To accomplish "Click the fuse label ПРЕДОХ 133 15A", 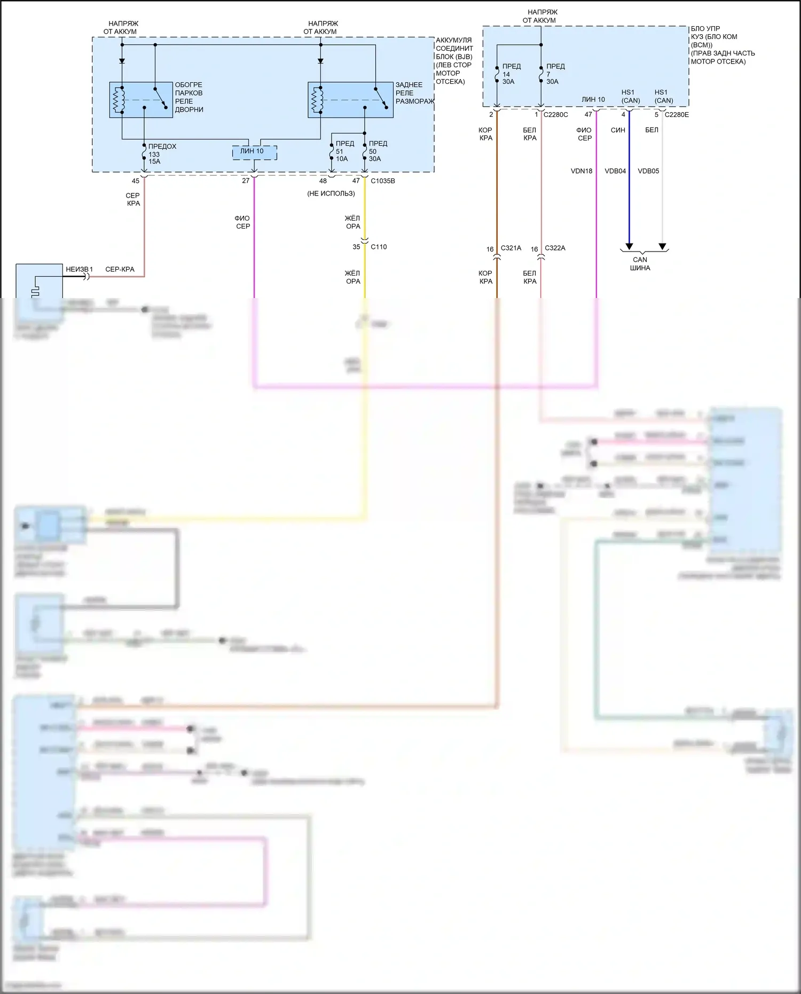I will pyautogui.click(x=162, y=154).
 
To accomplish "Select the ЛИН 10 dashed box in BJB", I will pyautogui.click(x=254, y=152).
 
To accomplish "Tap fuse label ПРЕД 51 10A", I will pyautogui.click(x=344, y=151).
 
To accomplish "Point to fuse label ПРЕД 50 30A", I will pyautogui.click(x=378, y=151).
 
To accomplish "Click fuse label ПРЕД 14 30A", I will pyautogui.click(x=511, y=74).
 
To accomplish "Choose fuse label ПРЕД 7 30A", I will pyautogui.click(x=555, y=74).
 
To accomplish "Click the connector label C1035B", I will pyautogui.click(x=382, y=181).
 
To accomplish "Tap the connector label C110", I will pyautogui.click(x=378, y=247).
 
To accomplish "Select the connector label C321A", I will pyautogui.click(x=511, y=248).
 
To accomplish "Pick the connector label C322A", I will pyautogui.click(x=555, y=248).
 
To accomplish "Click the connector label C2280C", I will pyautogui.click(x=555, y=115).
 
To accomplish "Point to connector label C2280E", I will pyautogui.click(x=677, y=115).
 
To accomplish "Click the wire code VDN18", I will pyautogui.click(x=582, y=171).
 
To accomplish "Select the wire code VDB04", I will pyautogui.click(x=615, y=171).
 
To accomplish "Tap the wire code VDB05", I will pyautogui.click(x=648, y=171).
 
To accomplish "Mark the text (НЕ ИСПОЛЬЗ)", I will pyautogui.click(x=331, y=193).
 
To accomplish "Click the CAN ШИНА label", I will pyautogui.click(x=640, y=264).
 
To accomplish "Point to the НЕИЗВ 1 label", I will pyautogui.click(x=79, y=270).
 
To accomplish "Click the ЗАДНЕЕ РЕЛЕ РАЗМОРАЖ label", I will pyautogui.click(x=414, y=93).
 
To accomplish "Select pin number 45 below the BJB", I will pyautogui.click(x=136, y=181).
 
